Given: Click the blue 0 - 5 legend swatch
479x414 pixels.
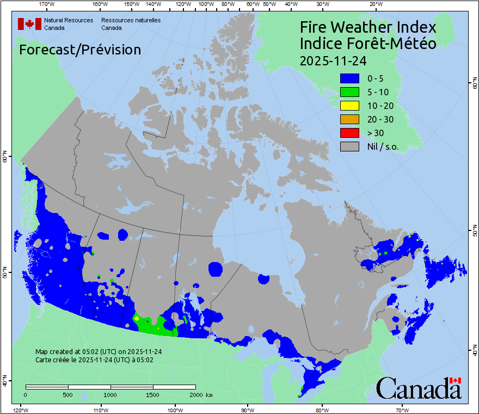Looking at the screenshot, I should click(349, 79).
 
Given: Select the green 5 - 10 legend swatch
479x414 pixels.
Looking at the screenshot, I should click(349, 92).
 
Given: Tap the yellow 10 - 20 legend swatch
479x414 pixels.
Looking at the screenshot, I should click(349, 106).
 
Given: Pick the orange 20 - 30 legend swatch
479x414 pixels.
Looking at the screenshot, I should click(349, 119).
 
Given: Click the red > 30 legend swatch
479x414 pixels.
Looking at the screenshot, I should click(349, 132).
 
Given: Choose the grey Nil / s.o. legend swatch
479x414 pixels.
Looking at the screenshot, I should click(349, 146).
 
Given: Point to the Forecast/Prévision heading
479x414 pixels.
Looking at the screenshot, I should click(80, 50).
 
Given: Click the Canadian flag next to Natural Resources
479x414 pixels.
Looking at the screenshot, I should click(29, 24).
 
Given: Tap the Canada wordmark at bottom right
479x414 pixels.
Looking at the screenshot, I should click(419, 388).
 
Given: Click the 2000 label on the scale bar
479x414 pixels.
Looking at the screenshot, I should click(195, 394).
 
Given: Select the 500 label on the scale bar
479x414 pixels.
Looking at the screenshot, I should click(68, 394).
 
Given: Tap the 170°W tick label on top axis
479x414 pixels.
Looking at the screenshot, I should click(47, 4).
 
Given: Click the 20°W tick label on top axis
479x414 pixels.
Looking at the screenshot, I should click(374, 4).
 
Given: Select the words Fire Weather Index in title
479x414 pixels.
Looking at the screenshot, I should click(368, 27).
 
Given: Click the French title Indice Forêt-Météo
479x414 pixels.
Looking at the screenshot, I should click(368, 44).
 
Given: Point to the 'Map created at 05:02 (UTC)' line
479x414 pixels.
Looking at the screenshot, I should click(99, 352).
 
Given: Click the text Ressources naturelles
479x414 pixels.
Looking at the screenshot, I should click(131, 20).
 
